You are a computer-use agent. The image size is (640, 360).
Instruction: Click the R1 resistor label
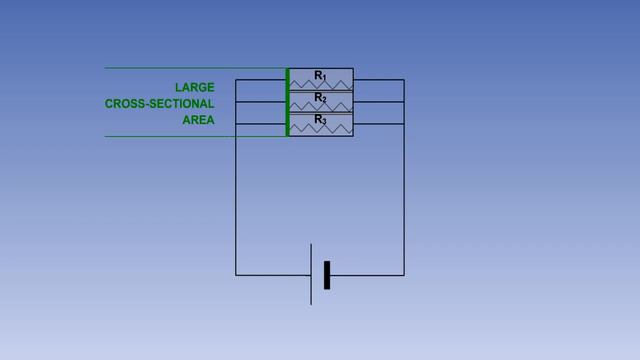point(320,75)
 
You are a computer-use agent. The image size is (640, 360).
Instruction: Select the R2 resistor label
point(320,97)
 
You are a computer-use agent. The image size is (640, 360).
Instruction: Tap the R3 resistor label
point(320,119)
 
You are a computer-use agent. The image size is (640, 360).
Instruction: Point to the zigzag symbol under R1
point(320,84)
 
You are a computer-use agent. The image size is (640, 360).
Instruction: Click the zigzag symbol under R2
point(320,106)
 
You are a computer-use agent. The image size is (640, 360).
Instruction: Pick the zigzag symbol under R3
point(320,128)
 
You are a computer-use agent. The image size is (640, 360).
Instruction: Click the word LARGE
point(194,87)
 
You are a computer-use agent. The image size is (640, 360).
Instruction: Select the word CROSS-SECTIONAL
point(159,104)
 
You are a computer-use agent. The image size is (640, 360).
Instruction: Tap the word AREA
point(198,121)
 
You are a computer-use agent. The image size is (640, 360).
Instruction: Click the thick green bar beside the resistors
point(288,102)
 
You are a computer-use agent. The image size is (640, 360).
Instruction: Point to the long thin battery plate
point(311,273)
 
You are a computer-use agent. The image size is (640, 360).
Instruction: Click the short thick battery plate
point(327,274)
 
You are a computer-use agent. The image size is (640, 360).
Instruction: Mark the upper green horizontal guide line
point(190,68)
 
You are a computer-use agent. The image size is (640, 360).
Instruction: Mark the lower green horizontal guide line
point(190,136)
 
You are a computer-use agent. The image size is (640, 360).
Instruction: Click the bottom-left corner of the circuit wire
point(236,274)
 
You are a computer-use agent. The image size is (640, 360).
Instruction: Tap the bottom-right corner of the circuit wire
point(404,274)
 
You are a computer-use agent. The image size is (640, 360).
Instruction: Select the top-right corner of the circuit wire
point(404,80)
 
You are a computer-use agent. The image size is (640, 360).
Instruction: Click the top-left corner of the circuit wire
point(236,80)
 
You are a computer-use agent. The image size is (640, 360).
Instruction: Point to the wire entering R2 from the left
point(260,102)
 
